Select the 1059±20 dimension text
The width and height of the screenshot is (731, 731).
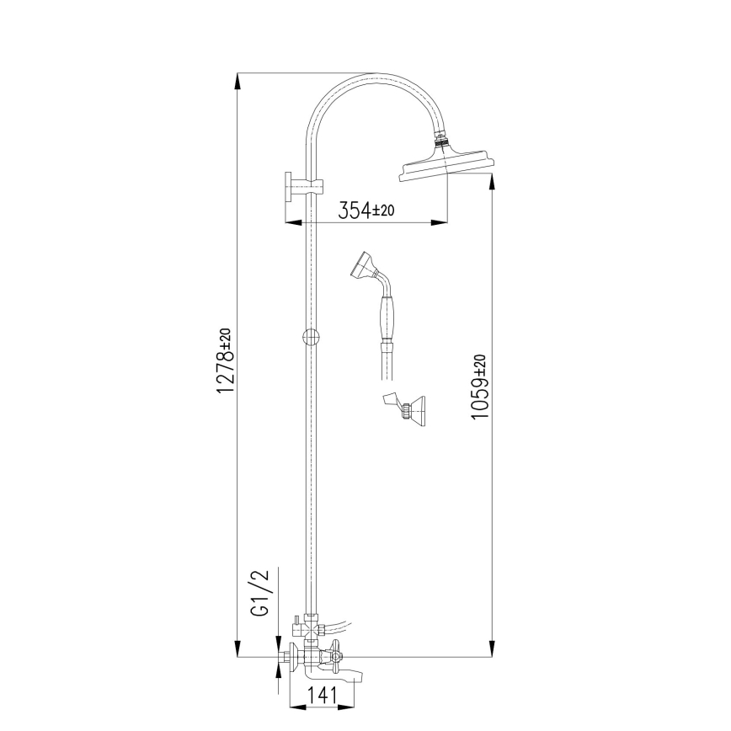479,387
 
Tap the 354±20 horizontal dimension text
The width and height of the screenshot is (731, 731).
366,210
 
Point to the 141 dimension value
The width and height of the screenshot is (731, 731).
322,695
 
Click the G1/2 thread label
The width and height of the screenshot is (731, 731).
260,593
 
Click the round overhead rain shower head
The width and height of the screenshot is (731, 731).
444,167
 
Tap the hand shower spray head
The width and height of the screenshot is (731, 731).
361,264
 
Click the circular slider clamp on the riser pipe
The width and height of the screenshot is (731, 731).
311,337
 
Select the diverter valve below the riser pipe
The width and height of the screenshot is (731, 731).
308,628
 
